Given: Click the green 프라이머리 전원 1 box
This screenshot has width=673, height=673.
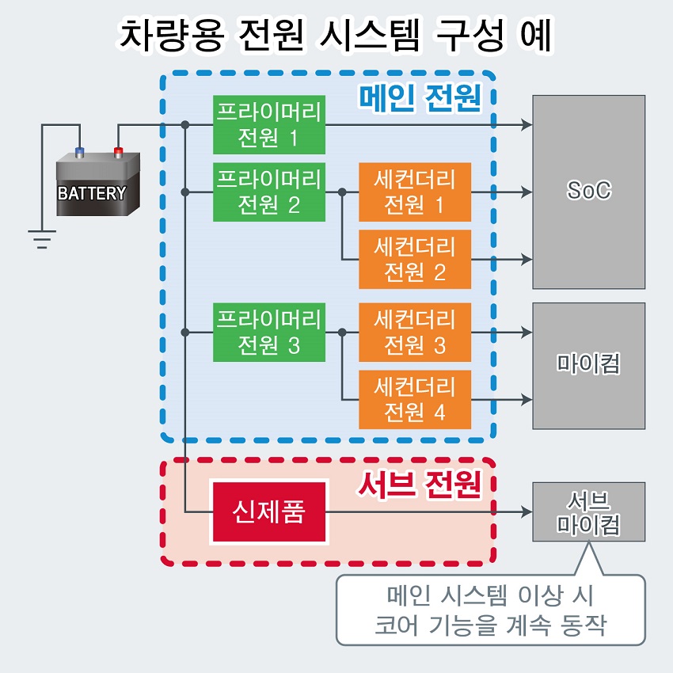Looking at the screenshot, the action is click(x=269, y=125).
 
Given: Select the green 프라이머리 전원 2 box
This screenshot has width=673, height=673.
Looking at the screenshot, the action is click(x=269, y=192).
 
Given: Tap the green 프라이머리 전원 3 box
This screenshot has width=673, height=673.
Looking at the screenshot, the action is click(x=269, y=333).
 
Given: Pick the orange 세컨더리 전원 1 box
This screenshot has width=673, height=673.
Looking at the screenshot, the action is click(x=415, y=192).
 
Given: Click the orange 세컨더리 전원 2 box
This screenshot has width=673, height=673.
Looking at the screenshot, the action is click(x=415, y=259).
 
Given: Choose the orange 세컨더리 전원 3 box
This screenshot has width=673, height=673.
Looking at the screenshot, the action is click(x=415, y=333).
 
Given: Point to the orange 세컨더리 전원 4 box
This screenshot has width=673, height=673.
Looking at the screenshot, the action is click(x=415, y=400).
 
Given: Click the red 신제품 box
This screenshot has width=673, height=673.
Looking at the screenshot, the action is click(x=269, y=511).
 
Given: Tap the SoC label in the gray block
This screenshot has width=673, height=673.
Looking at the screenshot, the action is click(x=589, y=190).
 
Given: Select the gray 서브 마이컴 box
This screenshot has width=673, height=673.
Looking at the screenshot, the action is click(x=589, y=511).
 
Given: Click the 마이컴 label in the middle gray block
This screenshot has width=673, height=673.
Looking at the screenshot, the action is click(x=589, y=363).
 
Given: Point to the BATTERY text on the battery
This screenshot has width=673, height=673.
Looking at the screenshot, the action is click(x=92, y=193).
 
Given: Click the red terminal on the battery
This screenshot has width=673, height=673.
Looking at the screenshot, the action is click(x=118, y=152).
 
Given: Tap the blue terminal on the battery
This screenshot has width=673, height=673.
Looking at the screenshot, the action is click(x=79, y=152).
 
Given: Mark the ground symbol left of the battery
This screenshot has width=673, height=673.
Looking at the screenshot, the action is click(x=42, y=239).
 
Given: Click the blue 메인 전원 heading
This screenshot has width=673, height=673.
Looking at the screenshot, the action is click(x=420, y=98).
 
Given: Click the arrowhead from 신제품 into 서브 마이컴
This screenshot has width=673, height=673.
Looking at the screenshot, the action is click(x=527, y=511).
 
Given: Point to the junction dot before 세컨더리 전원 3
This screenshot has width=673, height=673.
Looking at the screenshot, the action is click(x=342, y=333).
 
